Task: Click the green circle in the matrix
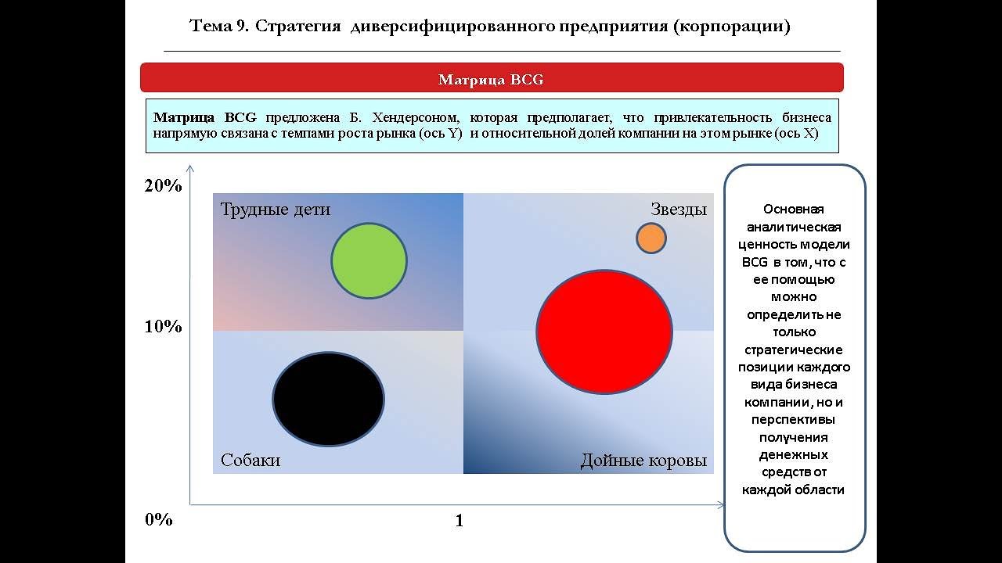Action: [x=369, y=261]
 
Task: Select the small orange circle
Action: [x=651, y=238]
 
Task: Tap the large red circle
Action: [x=604, y=332]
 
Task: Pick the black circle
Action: [x=329, y=399]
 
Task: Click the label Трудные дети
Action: [x=276, y=210]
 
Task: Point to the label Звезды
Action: [x=679, y=210]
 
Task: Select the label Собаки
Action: [x=250, y=460]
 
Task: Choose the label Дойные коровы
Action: [x=643, y=461]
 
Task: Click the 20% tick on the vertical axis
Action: [x=163, y=186]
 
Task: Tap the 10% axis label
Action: [x=163, y=327]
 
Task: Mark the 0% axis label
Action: [x=158, y=520]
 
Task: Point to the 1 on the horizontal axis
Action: [x=460, y=521]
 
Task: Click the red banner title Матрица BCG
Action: [x=491, y=80]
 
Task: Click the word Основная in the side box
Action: [x=794, y=210]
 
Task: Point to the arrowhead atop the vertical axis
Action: [x=189, y=168]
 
